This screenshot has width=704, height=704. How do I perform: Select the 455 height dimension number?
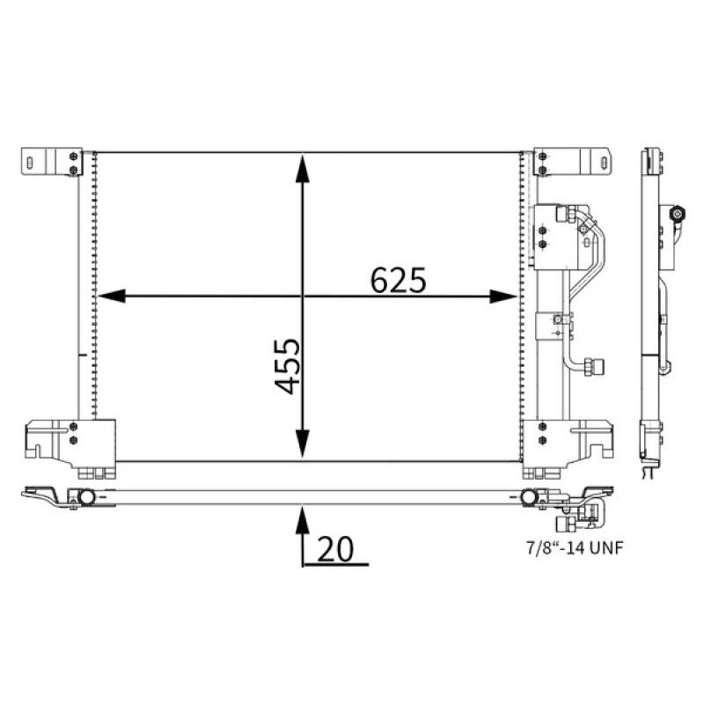point(286,366)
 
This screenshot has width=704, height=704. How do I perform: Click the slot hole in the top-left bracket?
point(31,162)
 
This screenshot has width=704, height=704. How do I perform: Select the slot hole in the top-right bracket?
point(604,162)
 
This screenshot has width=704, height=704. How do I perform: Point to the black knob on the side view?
point(677,214)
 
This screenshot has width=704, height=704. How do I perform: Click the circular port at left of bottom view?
point(85,497)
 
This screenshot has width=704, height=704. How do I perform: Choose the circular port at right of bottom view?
point(529,497)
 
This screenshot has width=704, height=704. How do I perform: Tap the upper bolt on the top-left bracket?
point(73,157)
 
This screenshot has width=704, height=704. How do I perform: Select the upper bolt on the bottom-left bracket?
point(73,428)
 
